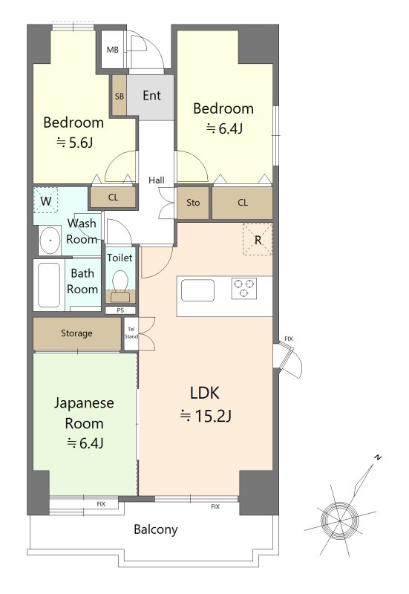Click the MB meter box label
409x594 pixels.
[x=113, y=50]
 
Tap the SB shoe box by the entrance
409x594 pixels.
[x=120, y=95]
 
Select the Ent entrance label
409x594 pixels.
[x=151, y=96]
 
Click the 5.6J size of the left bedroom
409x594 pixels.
[x=75, y=143]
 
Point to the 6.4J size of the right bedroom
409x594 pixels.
[x=224, y=128]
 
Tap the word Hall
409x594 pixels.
[x=157, y=180]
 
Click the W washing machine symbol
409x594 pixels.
[x=46, y=200]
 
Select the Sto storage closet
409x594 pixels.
[x=193, y=203]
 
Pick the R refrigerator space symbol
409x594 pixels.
[x=258, y=239]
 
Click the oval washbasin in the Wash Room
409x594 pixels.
[x=50, y=240]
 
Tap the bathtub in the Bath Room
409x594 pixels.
[x=49, y=285]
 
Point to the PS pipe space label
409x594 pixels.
[x=120, y=310]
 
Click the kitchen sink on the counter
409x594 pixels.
[x=197, y=290]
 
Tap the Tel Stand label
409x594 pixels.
[x=131, y=333]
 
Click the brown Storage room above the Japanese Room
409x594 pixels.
[x=77, y=333]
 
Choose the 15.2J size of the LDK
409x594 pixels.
[x=206, y=416]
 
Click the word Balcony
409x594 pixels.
[x=156, y=529]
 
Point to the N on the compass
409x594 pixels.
[x=377, y=457]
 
